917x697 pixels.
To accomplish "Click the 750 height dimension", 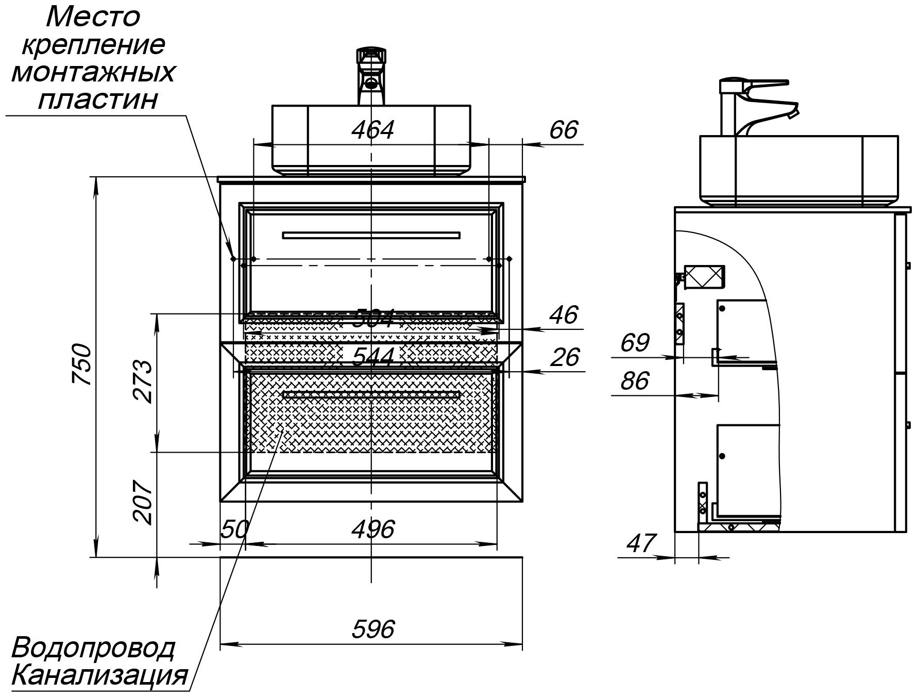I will (x=82, y=364).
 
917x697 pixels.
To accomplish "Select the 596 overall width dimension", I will (x=373, y=629).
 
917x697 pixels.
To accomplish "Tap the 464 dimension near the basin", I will (x=372, y=130).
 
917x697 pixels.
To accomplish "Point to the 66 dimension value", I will (x=564, y=130).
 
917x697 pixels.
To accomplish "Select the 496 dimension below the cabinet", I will (x=373, y=530).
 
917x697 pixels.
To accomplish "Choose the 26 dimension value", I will (x=565, y=357).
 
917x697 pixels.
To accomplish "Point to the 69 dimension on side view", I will (x=635, y=343).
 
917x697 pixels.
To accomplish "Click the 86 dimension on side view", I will (x=635, y=381).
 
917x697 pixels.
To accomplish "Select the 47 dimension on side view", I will (x=641, y=543).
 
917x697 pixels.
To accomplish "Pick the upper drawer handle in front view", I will (x=371, y=236).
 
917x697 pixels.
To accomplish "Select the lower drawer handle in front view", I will (x=371, y=395).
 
